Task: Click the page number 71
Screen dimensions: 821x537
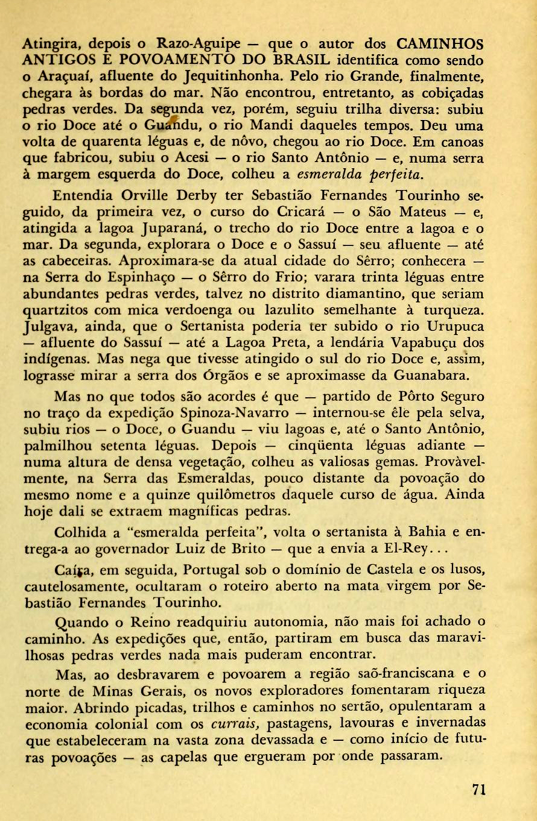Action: click(480, 790)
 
